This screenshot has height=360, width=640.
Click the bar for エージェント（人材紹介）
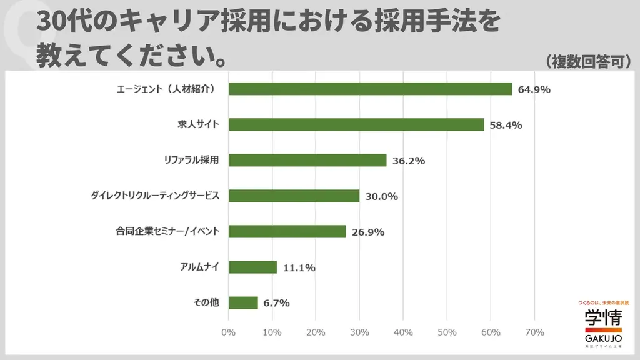pos(370,89)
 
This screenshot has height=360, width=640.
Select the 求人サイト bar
pos(356,124)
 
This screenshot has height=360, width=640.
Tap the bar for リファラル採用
pos(307,160)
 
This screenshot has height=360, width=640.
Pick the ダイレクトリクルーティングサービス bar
pos(294,196)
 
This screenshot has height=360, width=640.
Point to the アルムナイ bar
pos(252,267)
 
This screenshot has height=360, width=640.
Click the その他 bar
pos(243,303)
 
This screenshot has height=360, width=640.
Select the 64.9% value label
pos(534,89)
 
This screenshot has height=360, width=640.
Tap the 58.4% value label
pos(506,125)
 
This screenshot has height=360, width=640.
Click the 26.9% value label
pos(368,232)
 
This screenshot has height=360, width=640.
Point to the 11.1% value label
pos(299,268)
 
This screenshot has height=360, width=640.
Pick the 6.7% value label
pos(276,304)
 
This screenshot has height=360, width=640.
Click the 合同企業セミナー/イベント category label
pos(167,231)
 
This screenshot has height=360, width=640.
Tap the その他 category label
pos(206,303)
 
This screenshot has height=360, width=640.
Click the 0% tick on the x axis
pos(229,332)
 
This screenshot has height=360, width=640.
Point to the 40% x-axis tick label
pos(403,332)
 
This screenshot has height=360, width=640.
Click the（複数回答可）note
pos(587,61)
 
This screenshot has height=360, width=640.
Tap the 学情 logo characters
pos(603,319)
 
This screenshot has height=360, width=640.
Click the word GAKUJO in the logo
pos(603,338)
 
